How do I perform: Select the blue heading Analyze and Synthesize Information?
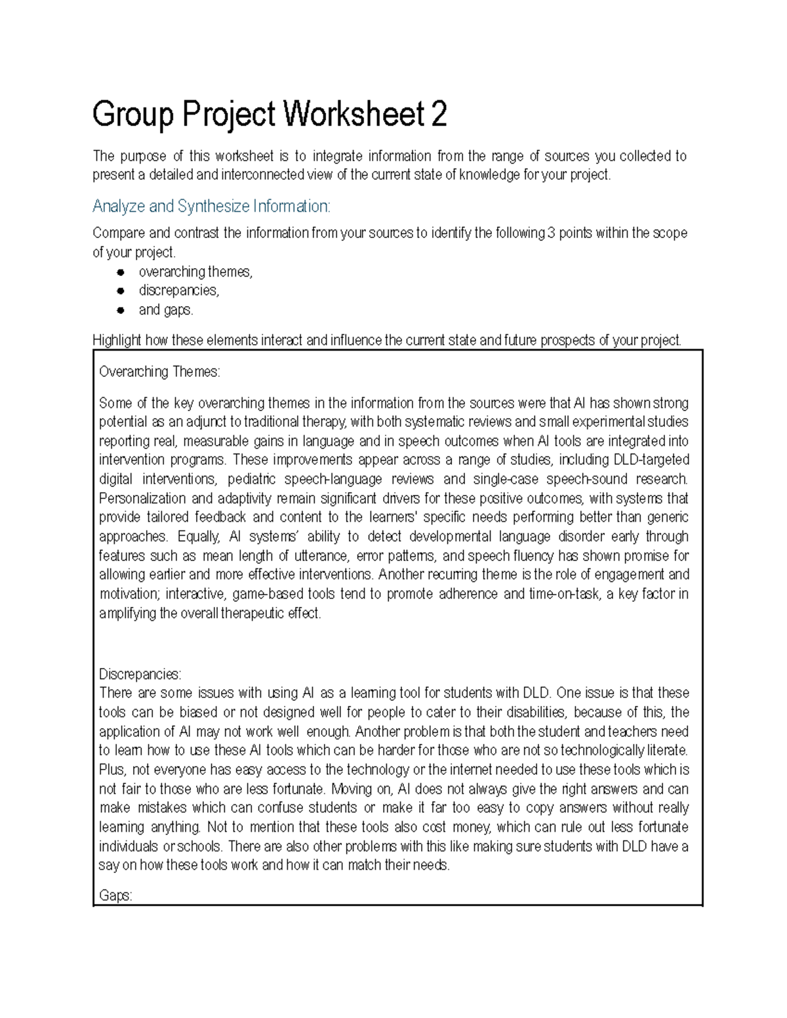click(x=211, y=206)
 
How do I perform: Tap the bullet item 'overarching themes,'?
click(x=195, y=271)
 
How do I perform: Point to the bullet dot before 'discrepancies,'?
click(x=120, y=290)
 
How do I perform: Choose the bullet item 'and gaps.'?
click(x=166, y=309)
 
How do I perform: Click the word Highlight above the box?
click(x=117, y=340)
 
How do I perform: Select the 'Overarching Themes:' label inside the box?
click(x=159, y=372)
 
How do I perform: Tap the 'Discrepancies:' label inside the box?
click(x=140, y=674)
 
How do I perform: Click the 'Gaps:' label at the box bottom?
click(x=115, y=895)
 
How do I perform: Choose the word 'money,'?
click(x=470, y=827)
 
